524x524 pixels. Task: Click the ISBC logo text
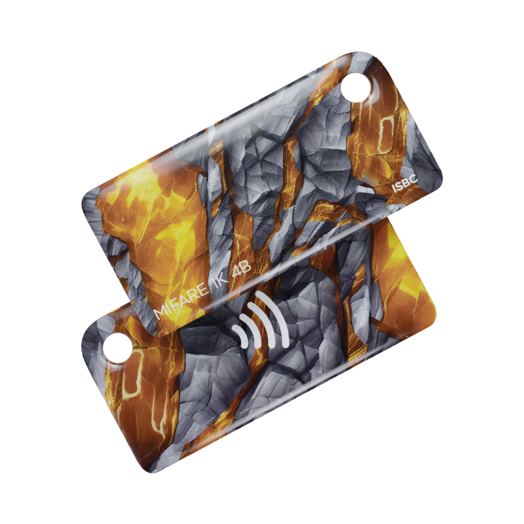(x=405, y=183)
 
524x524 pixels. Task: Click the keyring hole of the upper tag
(x=356, y=87)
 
